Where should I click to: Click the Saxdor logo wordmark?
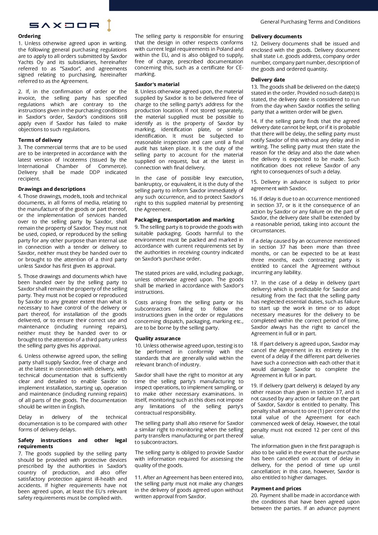[64, 25]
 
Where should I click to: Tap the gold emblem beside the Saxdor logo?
[109, 25]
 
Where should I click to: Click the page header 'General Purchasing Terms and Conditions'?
[310, 22]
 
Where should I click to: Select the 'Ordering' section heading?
[29, 36]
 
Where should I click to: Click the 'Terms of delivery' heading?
[40, 140]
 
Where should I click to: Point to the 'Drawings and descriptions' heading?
[52, 189]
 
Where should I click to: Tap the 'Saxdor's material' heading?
[157, 84]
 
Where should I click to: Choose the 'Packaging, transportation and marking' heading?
[184, 220]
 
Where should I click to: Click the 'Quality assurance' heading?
[158, 338]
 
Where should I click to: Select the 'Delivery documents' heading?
[277, 36]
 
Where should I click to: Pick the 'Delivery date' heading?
[268, 80]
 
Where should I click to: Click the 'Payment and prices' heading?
[276, 489]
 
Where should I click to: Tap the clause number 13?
[254, 87]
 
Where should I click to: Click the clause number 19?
[254, 386]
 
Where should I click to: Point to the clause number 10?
[138, 346]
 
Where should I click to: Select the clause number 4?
[20, 196]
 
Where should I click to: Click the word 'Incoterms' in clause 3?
[75, 160]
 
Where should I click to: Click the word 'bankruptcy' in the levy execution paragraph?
[149, 184]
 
